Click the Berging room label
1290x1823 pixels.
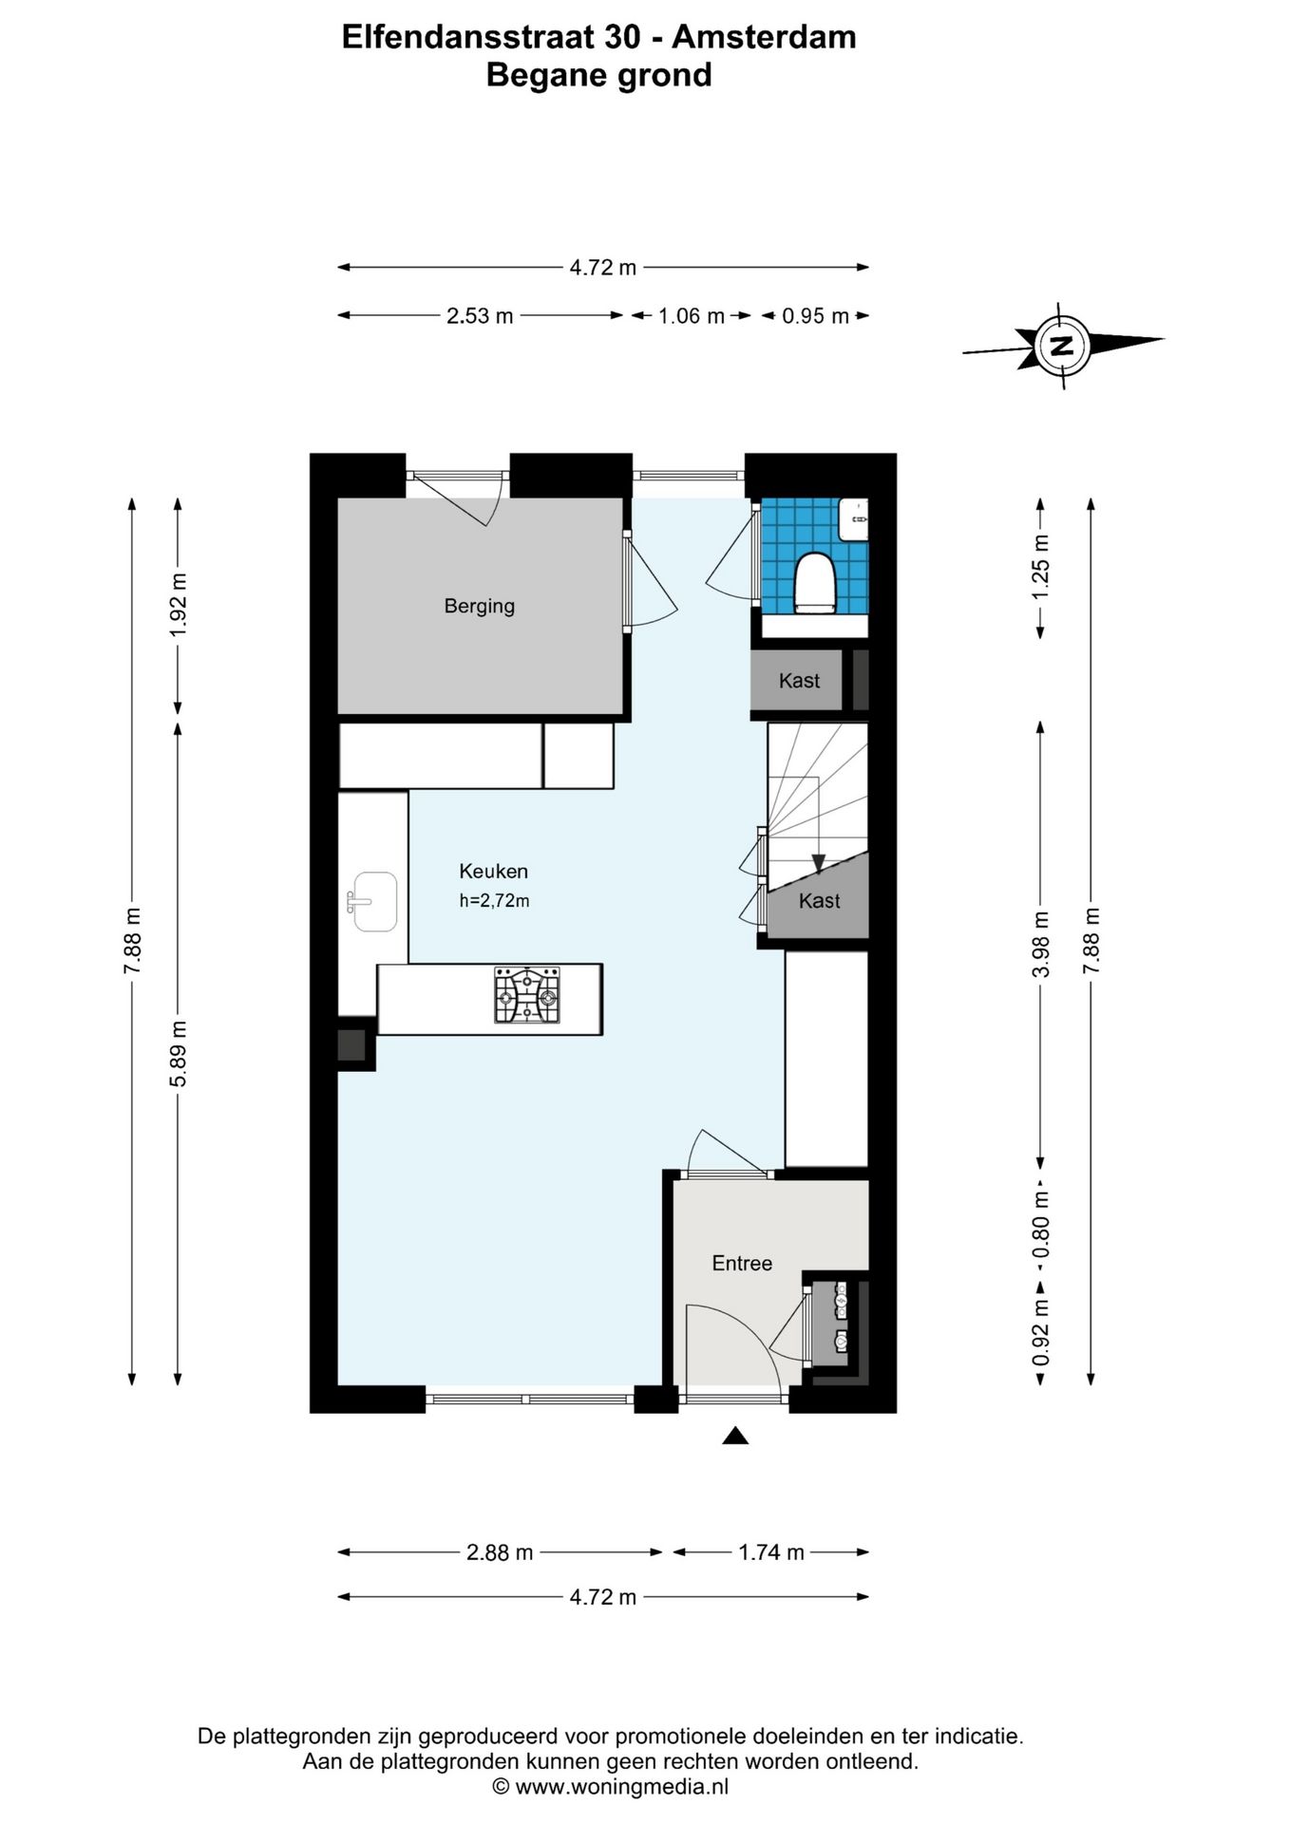pyautogui.click(x=479, y=606)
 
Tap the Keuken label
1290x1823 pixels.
pyautogui.click(x=493, y=871)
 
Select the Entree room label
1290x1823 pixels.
pyautogui.click(x=742, y=1263)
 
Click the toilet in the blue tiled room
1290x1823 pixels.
pyautogui.click(x=813, y=581)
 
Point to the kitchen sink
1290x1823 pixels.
pyautogui.click(x=371, y=902)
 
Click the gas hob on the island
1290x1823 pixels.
pyautogui.click(x=527, y=995)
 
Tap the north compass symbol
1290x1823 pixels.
pyautogui.click(x=1062, y=345)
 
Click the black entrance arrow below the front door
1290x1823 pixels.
pyautogui.click(x=735, y=1436)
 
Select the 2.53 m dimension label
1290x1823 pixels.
pyautogui.click(x=480, y=316)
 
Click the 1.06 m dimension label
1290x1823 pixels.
pyautogui.click(x=692, y=316)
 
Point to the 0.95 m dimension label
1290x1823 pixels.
pyautogui.click(x=815, y=316)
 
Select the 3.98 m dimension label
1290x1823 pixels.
pyautogui.click(x=1042, y=944)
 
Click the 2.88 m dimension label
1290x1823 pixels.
pyautogui.click(x=500, y=1552)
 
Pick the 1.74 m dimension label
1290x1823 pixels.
pyautogui.click(x=771, y=1552)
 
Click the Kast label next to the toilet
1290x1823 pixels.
pyautogui.click(x=799, y=680)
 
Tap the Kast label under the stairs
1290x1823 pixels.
pyautogui.click(x=819, y=900)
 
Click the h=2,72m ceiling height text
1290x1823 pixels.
pyautogui.click(x=494, y=900)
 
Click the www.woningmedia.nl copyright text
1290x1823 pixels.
pyautogui.click(x=610, y=1787)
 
